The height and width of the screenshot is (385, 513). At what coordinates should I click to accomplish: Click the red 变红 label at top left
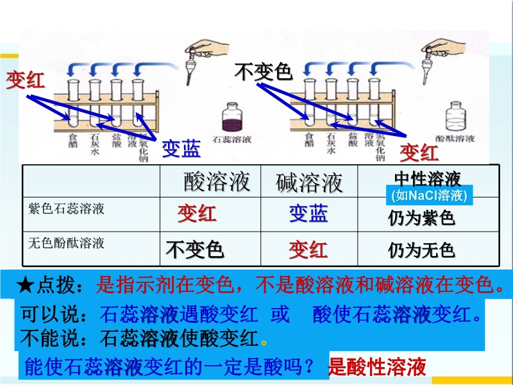[26, 80]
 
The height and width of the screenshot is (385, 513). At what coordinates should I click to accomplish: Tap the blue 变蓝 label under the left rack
[180, 149]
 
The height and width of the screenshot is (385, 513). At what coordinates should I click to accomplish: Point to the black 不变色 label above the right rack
[263, 72]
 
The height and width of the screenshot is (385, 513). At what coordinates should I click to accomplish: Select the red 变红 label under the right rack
[419, 153]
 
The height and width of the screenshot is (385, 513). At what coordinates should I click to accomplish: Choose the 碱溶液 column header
[309, 183]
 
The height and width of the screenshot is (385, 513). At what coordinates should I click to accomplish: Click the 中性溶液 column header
[428, 178]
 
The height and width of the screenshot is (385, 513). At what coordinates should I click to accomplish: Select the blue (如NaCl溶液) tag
[428, 196]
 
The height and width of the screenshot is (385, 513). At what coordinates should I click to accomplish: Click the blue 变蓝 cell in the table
[308, 214]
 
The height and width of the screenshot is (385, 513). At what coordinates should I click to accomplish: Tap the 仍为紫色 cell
[421, 218]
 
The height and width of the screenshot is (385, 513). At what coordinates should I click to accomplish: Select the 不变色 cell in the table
[195, 249]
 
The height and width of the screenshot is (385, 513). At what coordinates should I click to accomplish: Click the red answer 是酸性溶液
[377, 368]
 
